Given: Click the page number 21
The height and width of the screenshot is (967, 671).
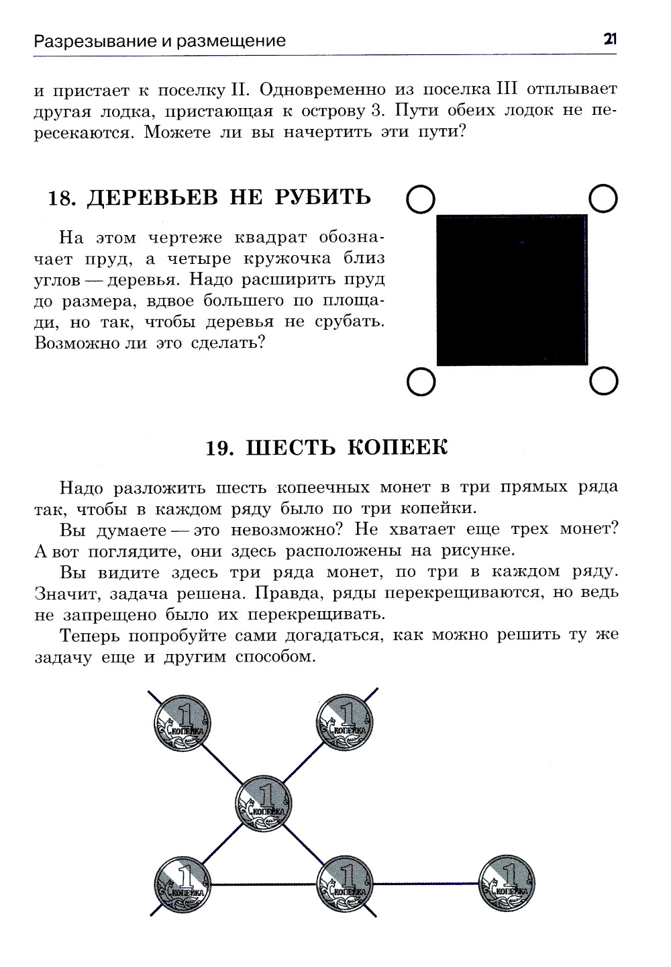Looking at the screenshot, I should (609, 39).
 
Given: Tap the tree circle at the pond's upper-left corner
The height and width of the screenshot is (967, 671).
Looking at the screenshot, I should (421, 199).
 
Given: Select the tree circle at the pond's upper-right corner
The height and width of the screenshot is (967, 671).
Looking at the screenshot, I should (603, 199).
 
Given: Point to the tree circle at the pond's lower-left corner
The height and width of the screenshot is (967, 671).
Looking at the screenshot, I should (421, 381).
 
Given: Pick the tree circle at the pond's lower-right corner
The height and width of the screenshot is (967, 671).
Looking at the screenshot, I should (603, 381).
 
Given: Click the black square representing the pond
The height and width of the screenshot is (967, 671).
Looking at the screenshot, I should (511, 290).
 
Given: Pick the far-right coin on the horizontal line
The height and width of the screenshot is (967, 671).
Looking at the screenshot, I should (507, 883).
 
